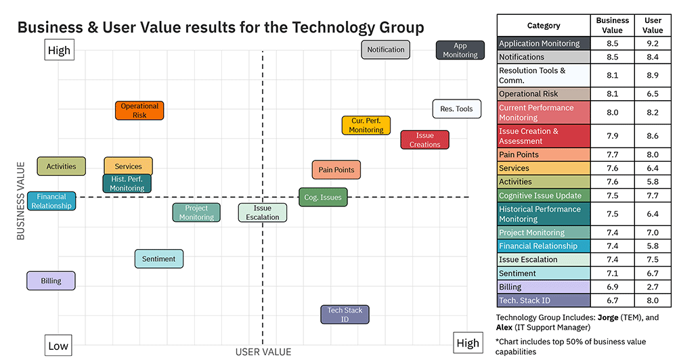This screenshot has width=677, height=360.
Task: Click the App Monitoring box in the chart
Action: (x=460, y=50)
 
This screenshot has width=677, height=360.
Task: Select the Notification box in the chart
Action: (x=386, y=49)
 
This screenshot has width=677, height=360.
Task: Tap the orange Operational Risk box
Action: (x=139, y=110)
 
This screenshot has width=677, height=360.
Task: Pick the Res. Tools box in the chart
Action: (x=456, y=109)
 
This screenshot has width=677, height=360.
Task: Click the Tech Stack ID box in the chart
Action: (x=345, y=315)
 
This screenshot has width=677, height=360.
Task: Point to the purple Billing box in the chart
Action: (x=51, y=281)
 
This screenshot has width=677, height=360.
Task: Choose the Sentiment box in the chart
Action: (x=159, y=259)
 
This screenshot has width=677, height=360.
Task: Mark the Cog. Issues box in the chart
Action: (x=323, y=198)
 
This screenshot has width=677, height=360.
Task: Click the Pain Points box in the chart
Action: (x=336, y=170)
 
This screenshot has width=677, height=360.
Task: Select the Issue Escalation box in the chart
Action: (x=262, y=212)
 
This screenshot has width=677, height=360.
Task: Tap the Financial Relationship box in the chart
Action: (x=51, y=201)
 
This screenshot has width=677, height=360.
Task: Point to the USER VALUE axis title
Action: (x=263, y=352)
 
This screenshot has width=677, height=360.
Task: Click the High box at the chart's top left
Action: (x=59, y=51)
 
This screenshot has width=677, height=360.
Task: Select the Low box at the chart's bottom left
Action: (x=58, y=346)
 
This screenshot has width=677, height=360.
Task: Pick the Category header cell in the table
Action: (x=544, y=26)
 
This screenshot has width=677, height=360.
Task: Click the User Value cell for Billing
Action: (x=653, y=287)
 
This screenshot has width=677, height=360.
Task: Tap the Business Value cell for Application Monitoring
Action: (x=612, y=43)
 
